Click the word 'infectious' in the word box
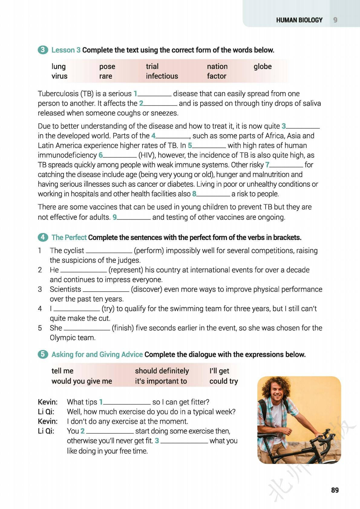[162, 76]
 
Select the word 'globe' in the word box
[263, 66]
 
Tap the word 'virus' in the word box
[59, 76]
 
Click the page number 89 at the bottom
[335, 490]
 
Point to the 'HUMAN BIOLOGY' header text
[299, 20]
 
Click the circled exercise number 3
[43, 50]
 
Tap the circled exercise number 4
[43, 237]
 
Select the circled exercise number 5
[43, 354]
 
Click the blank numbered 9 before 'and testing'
[134, 218]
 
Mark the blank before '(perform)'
[109, 251]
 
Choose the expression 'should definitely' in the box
[162, 371]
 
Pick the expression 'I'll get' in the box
[219, 371]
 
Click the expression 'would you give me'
[82, 381]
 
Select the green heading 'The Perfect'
[69, 237]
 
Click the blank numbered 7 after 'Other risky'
[286, 165]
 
